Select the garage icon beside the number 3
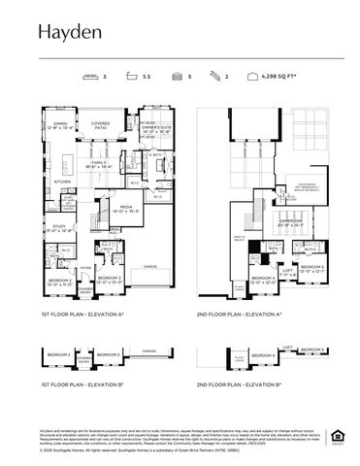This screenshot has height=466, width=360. point(178,73)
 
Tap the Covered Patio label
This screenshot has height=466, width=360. point(99,125)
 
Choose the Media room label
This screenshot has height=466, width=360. point(127,209)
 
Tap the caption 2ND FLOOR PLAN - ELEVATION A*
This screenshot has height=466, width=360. point(238,315)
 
